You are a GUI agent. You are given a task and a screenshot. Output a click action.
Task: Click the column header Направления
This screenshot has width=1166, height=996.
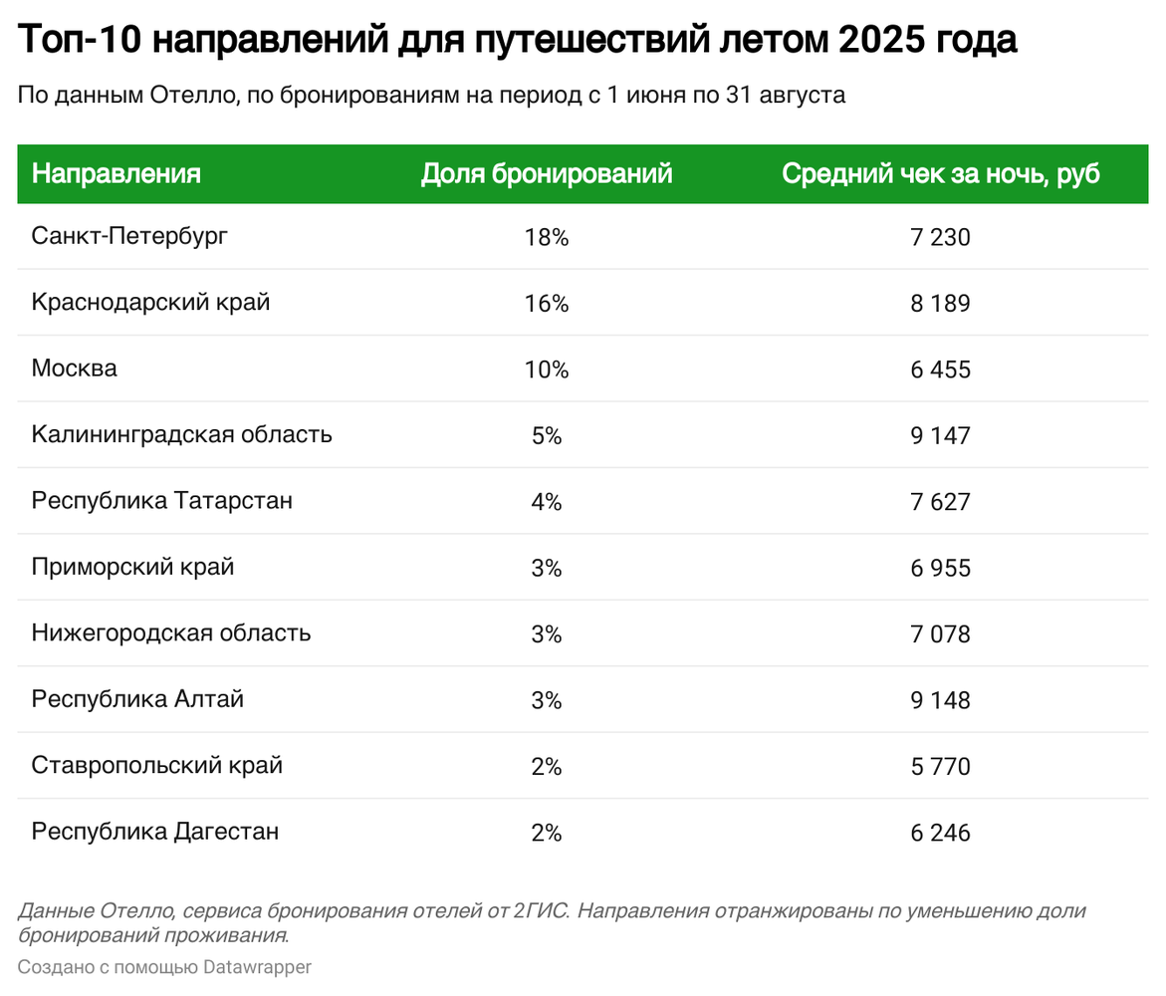click(117, 174)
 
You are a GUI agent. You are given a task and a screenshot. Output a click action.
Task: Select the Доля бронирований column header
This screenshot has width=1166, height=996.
click(547, 174)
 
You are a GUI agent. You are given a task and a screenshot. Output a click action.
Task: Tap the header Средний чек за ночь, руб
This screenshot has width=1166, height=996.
click(940, 174)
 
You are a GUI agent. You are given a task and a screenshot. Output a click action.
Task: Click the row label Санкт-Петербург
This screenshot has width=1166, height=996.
click(129, 236)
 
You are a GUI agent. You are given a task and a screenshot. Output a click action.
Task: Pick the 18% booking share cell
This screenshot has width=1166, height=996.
click(547, 237)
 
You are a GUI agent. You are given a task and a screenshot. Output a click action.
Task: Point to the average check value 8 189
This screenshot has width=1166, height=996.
click(940, 303)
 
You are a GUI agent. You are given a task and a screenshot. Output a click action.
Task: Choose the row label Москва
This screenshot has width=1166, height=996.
click(75, 369)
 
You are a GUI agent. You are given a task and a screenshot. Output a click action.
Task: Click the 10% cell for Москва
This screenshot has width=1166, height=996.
click(547, 370)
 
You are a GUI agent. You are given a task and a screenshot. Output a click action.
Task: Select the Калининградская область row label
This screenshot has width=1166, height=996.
click(182, 434)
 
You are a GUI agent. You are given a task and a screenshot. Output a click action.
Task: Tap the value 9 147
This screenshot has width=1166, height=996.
click(940, 435)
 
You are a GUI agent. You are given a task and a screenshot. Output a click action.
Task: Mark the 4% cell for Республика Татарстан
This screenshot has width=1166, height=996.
click(547, 502)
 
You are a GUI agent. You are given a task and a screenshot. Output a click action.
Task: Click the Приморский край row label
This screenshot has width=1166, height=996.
click(133, 567)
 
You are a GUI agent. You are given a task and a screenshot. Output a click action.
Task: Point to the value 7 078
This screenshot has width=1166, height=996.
click(940, 634)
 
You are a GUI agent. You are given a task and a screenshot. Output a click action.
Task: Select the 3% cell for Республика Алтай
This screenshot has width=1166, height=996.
click(547, 700)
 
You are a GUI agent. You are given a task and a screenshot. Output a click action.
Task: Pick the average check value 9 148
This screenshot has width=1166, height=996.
click(940, 700)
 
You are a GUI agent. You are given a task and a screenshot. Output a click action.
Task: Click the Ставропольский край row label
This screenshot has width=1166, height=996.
click(157, 765)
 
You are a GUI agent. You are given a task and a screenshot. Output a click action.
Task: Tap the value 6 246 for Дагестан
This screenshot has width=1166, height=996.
click(940, 833)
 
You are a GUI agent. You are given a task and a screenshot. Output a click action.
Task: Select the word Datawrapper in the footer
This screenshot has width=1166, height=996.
click(257, 966)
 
